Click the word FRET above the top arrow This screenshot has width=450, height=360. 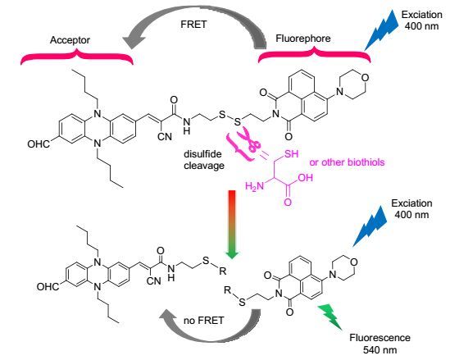pos(193,25)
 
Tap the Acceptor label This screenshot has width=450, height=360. pos(70,40)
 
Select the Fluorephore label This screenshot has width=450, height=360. pos(303,39)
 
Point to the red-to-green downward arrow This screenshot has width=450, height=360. pos(232,224)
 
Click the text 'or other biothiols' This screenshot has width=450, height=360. pos(347,162)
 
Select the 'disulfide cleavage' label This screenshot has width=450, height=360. pos(204,160)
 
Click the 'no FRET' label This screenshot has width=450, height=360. pos(203,321)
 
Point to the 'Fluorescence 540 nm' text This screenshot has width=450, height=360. pos(380,344)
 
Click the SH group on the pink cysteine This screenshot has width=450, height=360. pos(291,154)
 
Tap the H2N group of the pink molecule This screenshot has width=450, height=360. pos(254,186)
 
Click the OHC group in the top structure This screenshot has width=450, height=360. pos(39,144)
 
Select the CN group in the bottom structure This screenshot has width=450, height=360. pos(154,280)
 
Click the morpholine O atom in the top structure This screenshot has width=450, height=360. pos(365,78)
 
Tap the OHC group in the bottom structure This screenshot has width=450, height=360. pos(48,286)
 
